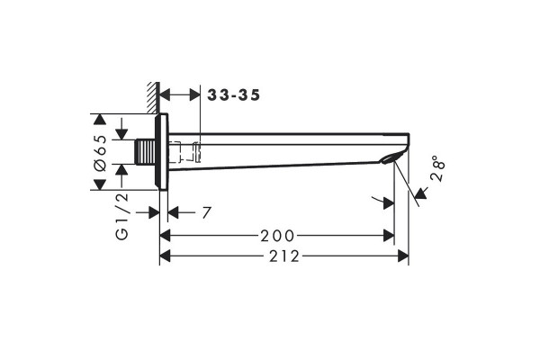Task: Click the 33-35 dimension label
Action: [x=233, y=95]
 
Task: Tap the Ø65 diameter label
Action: [x=101, y=153]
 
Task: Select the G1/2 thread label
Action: [x=122, y=216]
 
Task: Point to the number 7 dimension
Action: [x=206, y=213]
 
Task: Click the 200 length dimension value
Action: [x=277, y=236]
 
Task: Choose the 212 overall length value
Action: [x=284, y=256]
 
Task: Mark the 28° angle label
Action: [x=438, y=168]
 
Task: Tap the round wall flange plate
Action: [x=162, y=151]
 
